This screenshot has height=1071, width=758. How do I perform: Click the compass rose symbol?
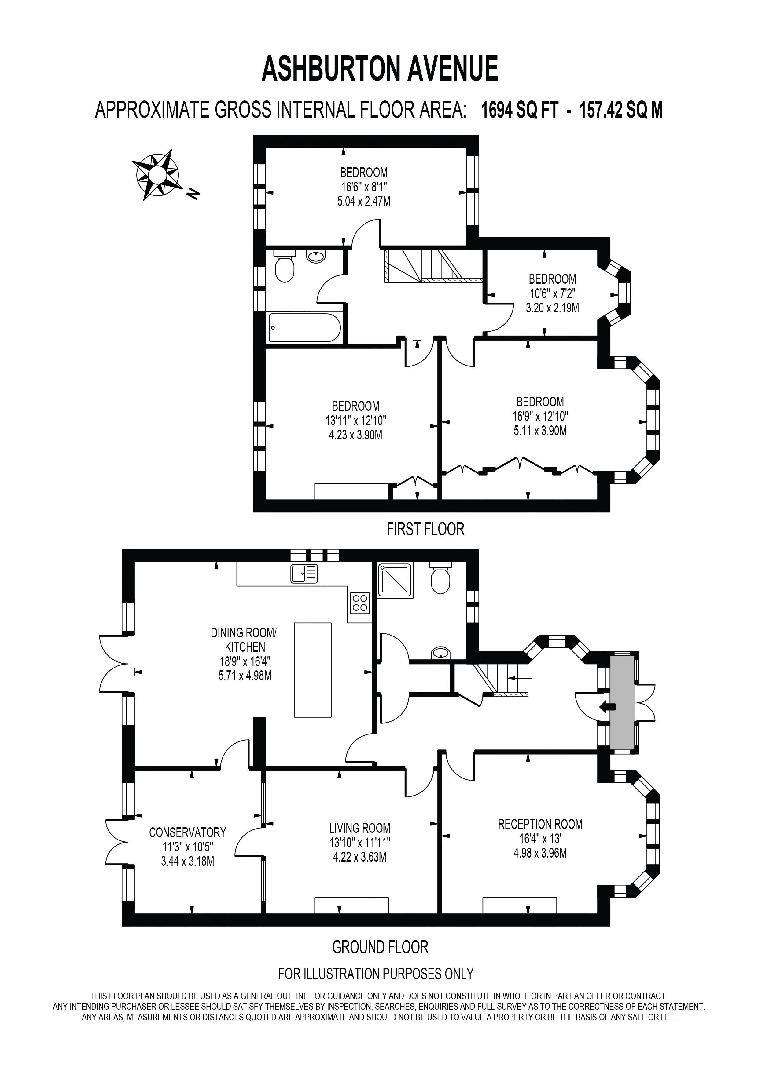157,175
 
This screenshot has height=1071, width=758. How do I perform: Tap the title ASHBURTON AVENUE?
380,69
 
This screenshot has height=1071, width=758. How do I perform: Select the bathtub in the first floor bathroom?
304,328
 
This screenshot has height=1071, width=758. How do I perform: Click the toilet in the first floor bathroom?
284,268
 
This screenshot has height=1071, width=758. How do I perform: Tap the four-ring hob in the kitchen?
360,602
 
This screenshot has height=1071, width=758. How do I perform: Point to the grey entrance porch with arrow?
622,707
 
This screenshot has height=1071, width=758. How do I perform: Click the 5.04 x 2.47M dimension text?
364,202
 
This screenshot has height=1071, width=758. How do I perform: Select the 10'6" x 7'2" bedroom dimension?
552,293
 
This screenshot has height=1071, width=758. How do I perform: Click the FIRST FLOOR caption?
425,529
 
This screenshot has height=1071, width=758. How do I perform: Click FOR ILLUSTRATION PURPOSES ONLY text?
376,974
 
